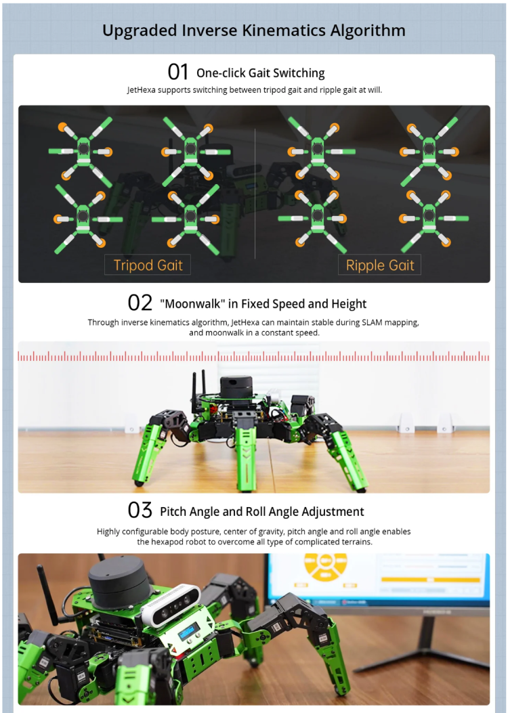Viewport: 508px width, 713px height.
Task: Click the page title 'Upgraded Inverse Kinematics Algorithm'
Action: pyautogui.click(x=254, y=30)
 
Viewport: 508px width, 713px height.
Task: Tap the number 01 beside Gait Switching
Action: pyautogui.click(x=178, y=72)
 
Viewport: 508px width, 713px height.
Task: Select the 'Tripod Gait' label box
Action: pyautogui.click(x=148, y=265)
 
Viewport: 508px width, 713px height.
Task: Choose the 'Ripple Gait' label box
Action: pyautogui.click(x=379, y=265)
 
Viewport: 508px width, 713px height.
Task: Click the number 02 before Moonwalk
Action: pyautogui.click(x=140, y=303)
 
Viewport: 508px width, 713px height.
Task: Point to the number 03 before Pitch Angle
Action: pyautogui.click(x=140, y=511)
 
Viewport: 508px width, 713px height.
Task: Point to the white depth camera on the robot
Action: pyautogui.click(x=171, y=604)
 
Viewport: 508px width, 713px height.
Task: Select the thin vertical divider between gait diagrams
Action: pyautogui.click(x=255, y=193)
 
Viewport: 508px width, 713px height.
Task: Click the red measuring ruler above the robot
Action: pyautogui.click(x=254, y=356)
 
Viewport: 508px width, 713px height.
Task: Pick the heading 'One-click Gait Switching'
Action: pyautogui.click(x=260, y=73)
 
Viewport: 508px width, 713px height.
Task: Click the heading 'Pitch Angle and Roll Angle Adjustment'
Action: pyautogui.click(x=261, y=512)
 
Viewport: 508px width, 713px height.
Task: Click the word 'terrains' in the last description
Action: pyautogui.click(x=353, y=542)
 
